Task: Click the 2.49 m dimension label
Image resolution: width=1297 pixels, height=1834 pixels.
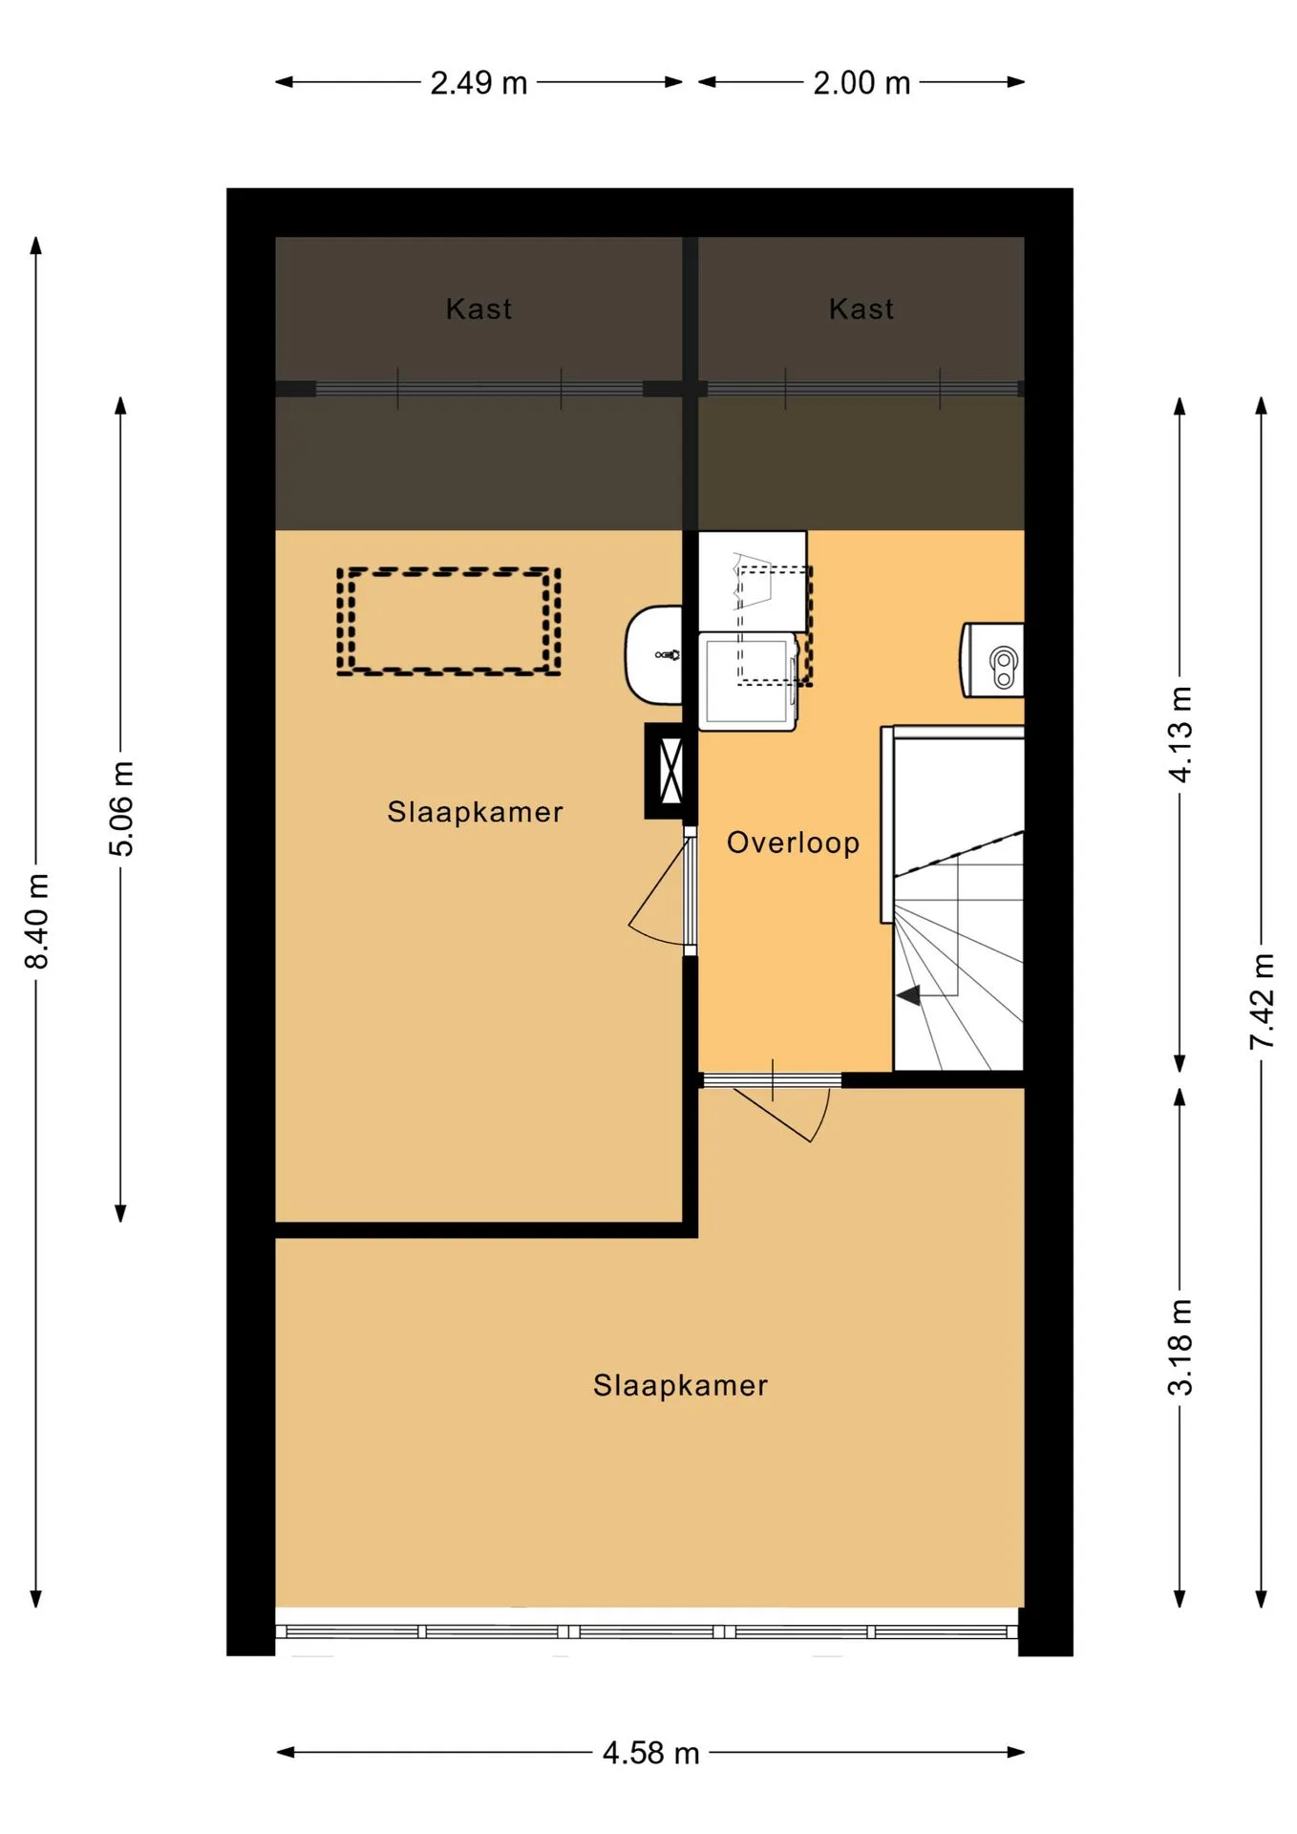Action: (x=478, y=83)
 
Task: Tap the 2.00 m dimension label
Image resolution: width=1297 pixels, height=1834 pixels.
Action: (x=861, y=83)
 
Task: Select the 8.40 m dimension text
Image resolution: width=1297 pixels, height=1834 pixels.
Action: (x=36, y=921)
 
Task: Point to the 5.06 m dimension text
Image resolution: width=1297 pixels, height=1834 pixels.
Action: (x=121, y=809)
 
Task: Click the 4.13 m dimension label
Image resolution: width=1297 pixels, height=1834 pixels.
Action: (x=1180, y=734)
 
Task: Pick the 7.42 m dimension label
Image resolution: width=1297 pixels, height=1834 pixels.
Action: (x=1262, y=1001)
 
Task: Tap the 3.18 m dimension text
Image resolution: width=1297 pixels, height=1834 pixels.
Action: (x=1180, y=1347)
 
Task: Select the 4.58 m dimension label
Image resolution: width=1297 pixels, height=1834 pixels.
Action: (x=650, y=1753)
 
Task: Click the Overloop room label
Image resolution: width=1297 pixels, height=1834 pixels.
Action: (x=793, y=842)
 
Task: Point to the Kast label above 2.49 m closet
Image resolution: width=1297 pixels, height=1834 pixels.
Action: (x=478, y=309)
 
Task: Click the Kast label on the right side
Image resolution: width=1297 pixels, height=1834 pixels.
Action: (x=861, y=309)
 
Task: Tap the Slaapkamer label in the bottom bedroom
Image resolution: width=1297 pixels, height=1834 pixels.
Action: (x=680, y=1385)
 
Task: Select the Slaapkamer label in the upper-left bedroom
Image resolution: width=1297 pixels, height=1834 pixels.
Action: (x=475, y=812)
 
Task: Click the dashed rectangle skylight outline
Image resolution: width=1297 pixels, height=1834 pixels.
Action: (x=449, y=570)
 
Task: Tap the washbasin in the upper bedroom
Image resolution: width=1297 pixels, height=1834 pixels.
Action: (x=654, y=655)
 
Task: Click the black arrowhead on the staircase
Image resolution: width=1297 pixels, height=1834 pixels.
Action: (x=908, y=995)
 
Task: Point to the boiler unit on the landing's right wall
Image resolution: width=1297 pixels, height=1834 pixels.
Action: (x=992, y=660)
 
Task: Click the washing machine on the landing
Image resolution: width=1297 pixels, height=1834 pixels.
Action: (x=748, y=681)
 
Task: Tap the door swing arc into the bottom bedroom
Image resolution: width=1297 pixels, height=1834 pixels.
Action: (x=823, y=1118)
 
